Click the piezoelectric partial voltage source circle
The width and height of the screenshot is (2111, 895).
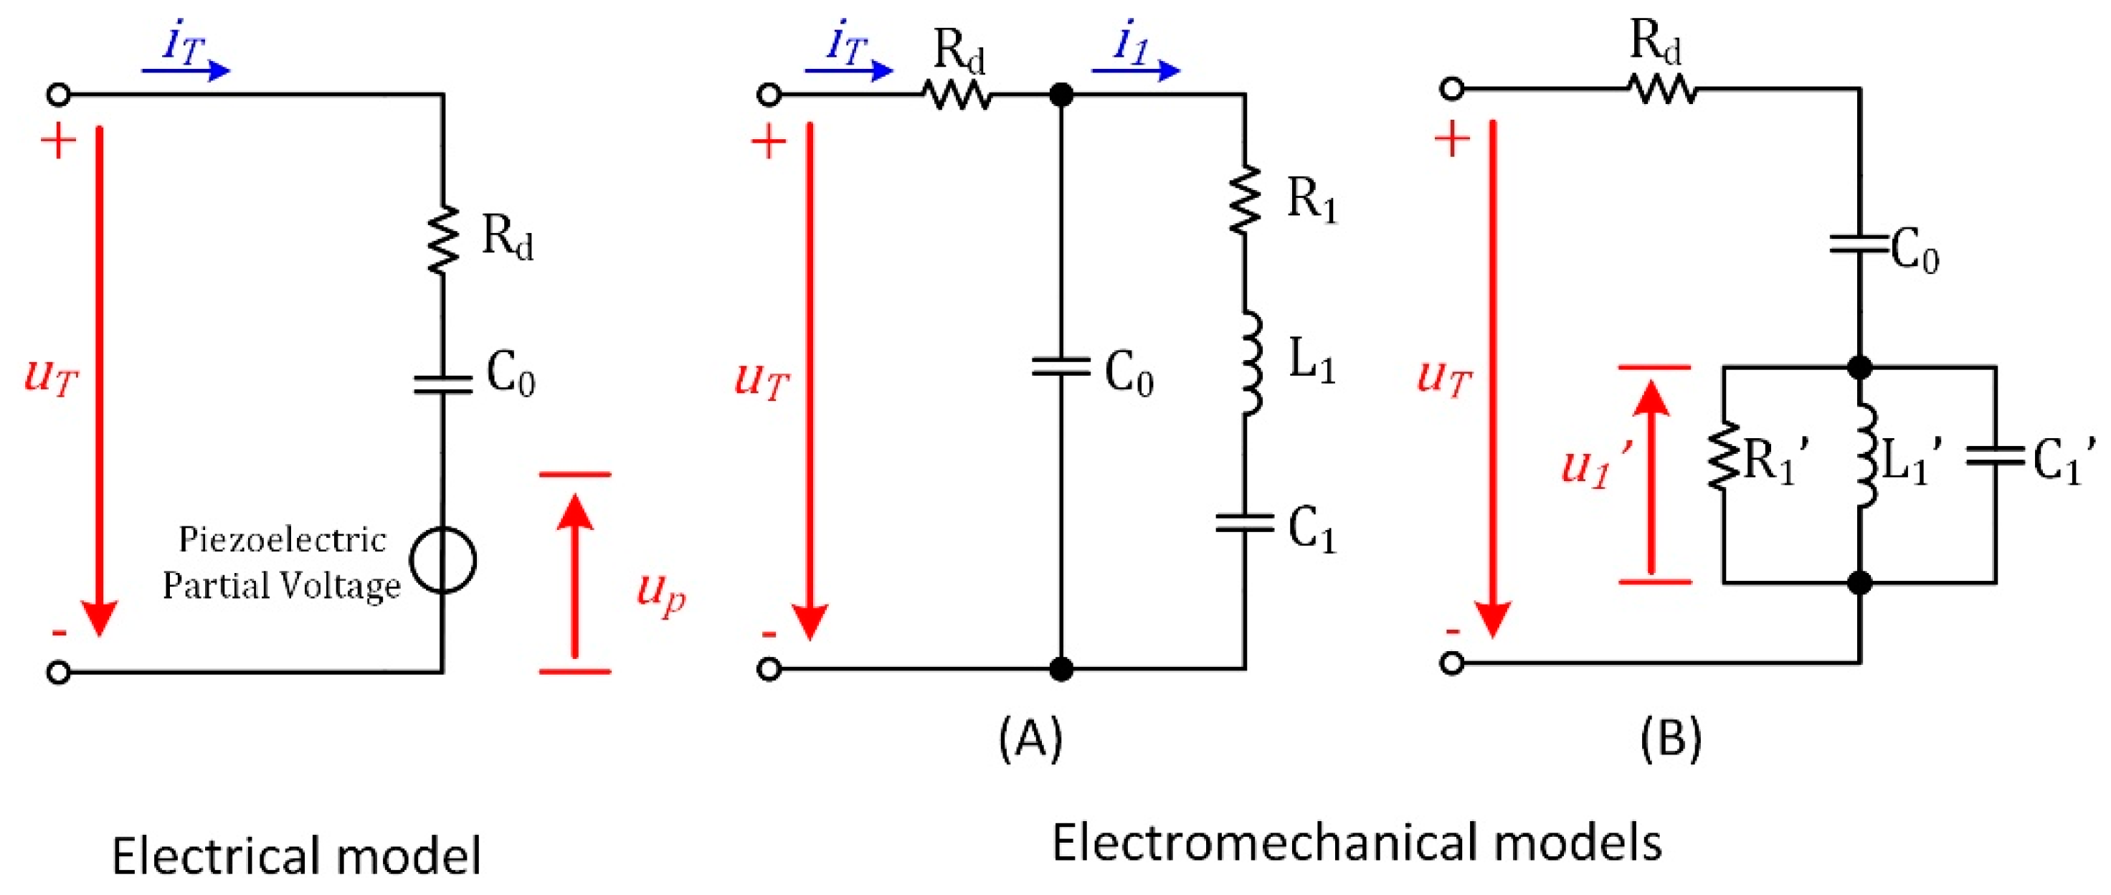[x=442, y=560]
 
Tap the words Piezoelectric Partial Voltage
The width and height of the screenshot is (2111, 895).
[x=281, y=562]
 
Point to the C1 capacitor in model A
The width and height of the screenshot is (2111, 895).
[x=1245, y=522]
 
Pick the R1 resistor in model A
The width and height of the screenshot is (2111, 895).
[x=1246, y=199]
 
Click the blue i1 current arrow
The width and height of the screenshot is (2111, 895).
[x=1137, y=69]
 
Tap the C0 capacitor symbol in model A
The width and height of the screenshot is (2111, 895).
[x=1061, y=366]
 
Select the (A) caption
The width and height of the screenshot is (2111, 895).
[x=1030, y=738]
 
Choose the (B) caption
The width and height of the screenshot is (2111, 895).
[x=1671, y=738]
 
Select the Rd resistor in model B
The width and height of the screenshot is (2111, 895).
[x=1662, y=88]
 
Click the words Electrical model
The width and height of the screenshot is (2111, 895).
[x=296, y=857]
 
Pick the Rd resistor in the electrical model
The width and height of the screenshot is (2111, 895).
[x=443, y=240]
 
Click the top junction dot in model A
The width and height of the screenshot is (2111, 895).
[x=1061, y=95]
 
